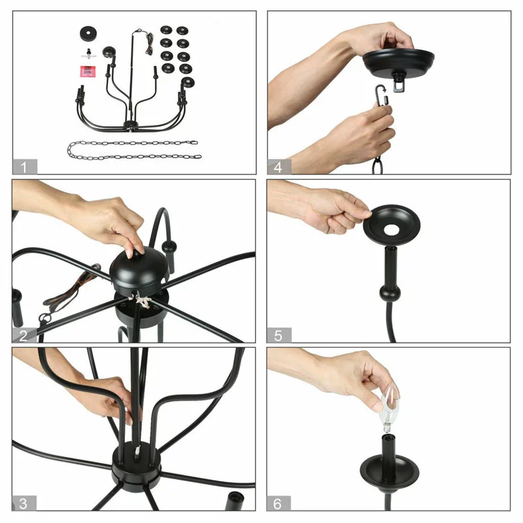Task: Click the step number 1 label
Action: pos(25,167)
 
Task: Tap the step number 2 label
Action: pos(24,335)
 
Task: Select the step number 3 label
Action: pos(24,503)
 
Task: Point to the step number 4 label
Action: pos(279,167)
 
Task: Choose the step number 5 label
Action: pos(279,335)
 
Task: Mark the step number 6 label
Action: pos(278,503)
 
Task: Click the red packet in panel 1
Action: pos(88,71)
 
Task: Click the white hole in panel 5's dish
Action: pos(392,229)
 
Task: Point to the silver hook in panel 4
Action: pos(381,95)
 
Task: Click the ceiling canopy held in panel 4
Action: pos(399,63)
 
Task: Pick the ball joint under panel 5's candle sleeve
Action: pos(390,293)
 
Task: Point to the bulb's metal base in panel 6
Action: pos(386,427)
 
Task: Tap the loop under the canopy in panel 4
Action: pos(399,86)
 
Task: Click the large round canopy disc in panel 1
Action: pos(88,34)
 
